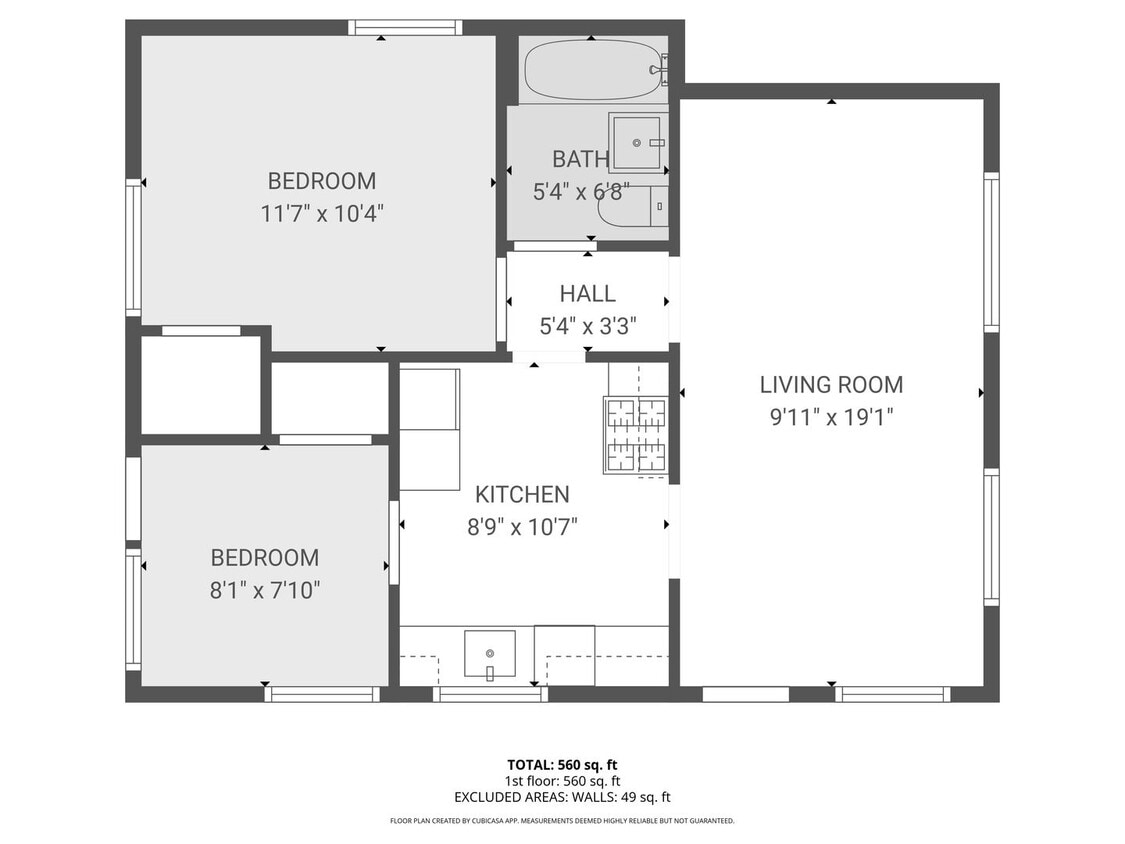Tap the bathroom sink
tap(637, 143)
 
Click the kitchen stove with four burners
tap(635, 434)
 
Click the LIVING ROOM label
tap(830, 384)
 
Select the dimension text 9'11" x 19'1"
tap(830, 416)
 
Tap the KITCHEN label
tap(521, 494)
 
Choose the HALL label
tap(587, 294)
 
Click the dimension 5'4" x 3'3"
tap(587, 325)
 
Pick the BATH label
tap(580, 159)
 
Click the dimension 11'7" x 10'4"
tap(322, 213)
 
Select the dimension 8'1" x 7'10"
tap(264, 590)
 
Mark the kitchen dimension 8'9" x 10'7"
tap(521, 526)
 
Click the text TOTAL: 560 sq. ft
tap(562, 765)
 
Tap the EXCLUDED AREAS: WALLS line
tap(562, 797)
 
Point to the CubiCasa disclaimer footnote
tap(562, 821)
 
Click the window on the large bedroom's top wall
tap(405, 27)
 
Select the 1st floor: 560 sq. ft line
tap(562, 781)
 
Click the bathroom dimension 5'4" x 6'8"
tap(580, 191)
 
